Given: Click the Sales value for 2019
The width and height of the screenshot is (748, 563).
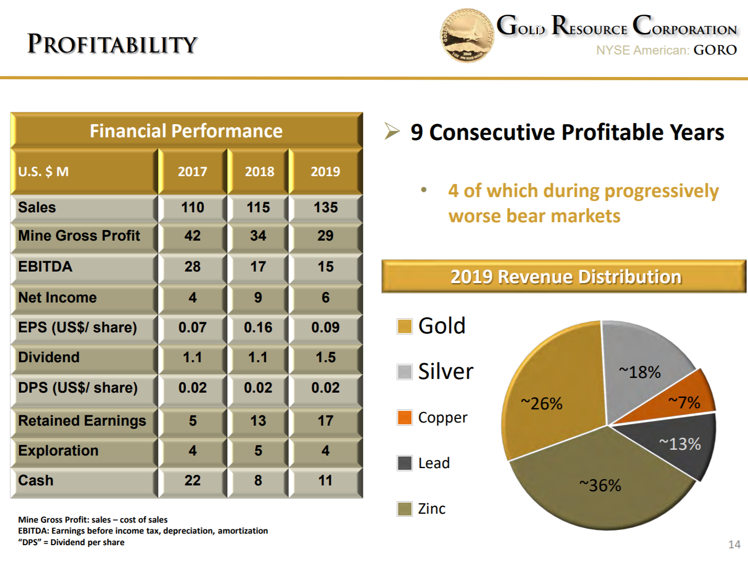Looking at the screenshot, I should [325, 208].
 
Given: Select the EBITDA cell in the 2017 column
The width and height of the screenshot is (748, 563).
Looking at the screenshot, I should [192, 267].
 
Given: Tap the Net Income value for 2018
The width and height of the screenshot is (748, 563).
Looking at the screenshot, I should [258, 298].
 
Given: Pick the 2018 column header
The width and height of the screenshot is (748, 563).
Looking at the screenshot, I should [259, 171].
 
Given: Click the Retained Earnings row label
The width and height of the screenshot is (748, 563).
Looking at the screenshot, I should [82, 421].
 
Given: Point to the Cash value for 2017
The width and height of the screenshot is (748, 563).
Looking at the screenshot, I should [192, 481].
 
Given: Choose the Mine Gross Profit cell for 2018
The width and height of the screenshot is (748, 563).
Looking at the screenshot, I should [258, 236].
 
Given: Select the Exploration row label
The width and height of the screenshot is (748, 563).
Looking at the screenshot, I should [58, 451].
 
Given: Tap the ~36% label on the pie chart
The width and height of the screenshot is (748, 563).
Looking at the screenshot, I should [600, 485].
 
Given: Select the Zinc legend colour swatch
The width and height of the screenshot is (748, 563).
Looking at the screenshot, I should [404, 509].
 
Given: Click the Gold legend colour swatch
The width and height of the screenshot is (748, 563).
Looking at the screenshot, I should [404, 326].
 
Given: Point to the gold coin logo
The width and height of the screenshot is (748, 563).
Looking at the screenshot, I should [467, 36].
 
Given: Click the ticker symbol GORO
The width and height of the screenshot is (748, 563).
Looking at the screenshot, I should [715, 50].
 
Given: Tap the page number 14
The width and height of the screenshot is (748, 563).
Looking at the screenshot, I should [734, 545].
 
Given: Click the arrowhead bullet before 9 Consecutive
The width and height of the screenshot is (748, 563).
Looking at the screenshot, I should [392, 131].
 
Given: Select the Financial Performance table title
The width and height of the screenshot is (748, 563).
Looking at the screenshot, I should [186, 131].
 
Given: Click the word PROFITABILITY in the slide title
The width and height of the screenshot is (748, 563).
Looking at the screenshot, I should [112, 44].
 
